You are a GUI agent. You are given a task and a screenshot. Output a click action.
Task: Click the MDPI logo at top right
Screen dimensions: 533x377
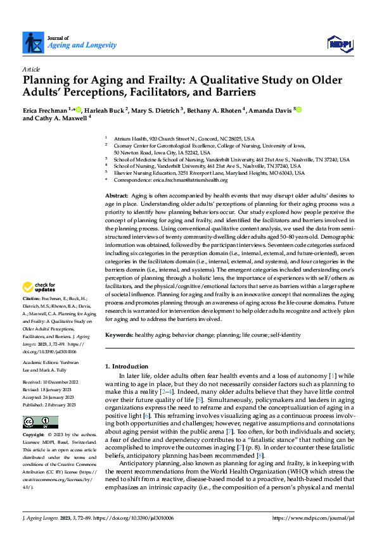pyautogui.click(x=339, y=42)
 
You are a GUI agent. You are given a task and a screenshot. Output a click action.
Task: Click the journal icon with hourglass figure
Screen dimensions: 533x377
pyautogui.click(x=32, y=42)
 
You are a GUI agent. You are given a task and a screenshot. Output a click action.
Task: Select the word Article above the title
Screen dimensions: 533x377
pyautogui.click(x=31, y=68)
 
